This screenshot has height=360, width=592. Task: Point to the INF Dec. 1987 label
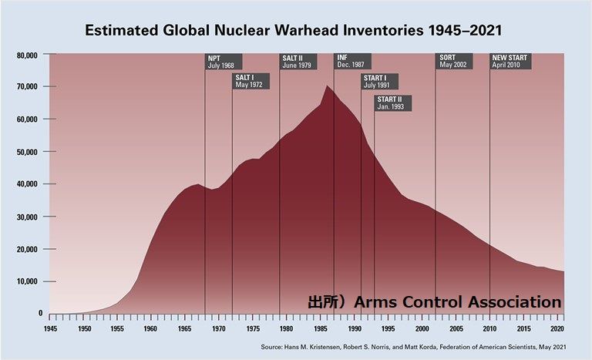pos(352,62)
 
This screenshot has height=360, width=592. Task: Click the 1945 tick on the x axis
pos(50,329)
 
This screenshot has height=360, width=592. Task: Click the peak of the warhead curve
pos(327,86)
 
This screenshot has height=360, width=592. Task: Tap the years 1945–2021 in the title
pos(465,31)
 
